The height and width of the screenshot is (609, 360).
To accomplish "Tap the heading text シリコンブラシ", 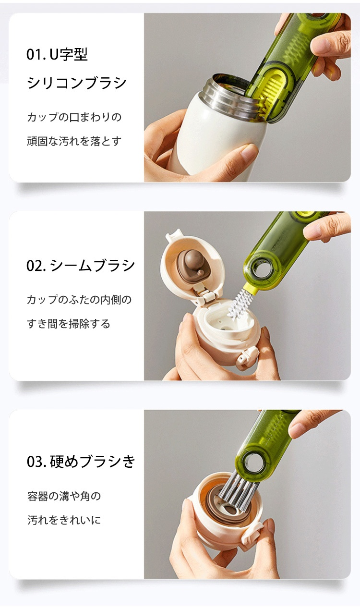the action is [x=77, y=83].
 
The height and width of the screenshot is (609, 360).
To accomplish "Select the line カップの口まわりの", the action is [x=74, y=117].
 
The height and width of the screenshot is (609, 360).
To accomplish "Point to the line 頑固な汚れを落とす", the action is [x=74, y=141].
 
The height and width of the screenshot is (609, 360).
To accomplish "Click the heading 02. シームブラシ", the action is [x=81, y=266].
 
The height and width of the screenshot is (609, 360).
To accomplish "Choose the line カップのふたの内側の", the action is [x=79, y=300].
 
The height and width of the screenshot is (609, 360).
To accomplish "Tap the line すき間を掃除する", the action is [x=69, y=324].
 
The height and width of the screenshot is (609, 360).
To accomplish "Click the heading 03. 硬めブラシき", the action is [x=81, y=461].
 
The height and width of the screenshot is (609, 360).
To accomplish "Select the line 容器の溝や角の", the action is [x=64, y=496].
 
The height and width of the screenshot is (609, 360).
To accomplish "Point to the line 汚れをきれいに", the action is [x=64, y=520].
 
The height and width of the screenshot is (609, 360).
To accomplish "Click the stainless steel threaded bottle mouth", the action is [x=228, y=98].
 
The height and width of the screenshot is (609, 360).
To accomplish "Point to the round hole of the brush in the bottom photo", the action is [x=252, y=463].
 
